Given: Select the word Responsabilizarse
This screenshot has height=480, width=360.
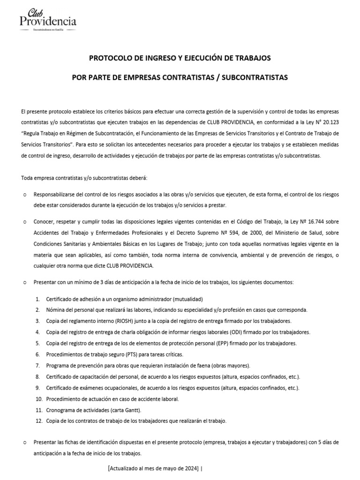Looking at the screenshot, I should point(55,194).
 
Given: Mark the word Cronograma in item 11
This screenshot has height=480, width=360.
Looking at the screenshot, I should point(61,410).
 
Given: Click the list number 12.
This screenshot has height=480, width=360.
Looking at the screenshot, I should point(39,421).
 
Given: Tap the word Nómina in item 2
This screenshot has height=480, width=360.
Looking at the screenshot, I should point(56,310).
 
